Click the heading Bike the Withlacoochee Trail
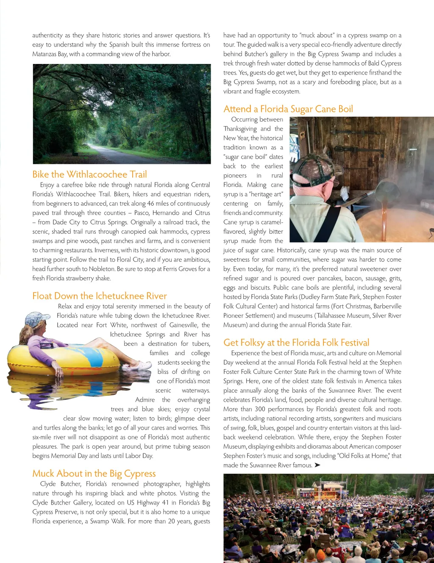[89, 174]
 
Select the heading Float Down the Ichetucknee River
[100, 296]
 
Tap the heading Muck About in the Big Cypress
[94, 473]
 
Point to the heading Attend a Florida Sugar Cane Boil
[288, 109]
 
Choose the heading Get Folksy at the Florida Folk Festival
[296, 342]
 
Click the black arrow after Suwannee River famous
[317, 465]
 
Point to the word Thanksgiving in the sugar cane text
[240, 129]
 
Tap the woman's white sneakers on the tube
[142, 365]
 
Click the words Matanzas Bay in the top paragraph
[49, 54]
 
